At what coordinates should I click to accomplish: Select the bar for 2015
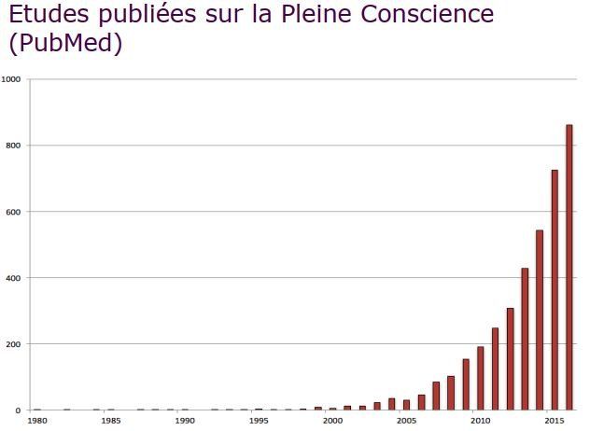coord(555,289)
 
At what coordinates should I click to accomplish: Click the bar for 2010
coord(481,378)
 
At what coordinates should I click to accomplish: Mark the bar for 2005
coord(406,405)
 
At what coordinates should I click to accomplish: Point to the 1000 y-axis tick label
coord(11,79)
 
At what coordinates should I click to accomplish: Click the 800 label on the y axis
coord(13,146)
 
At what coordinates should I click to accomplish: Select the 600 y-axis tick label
coord(13,212)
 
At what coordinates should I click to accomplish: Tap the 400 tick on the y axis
coord(13,278)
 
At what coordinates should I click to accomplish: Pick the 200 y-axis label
coord(13,344)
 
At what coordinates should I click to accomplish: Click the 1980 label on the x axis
coord(36,421)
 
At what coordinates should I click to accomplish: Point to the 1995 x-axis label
coord(259,421)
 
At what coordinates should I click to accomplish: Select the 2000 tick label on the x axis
coord(332,421)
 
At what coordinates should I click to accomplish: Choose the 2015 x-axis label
coord(554,421)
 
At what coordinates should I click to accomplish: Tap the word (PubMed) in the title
coord(65,44)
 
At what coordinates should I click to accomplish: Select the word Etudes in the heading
coord(47,15)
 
